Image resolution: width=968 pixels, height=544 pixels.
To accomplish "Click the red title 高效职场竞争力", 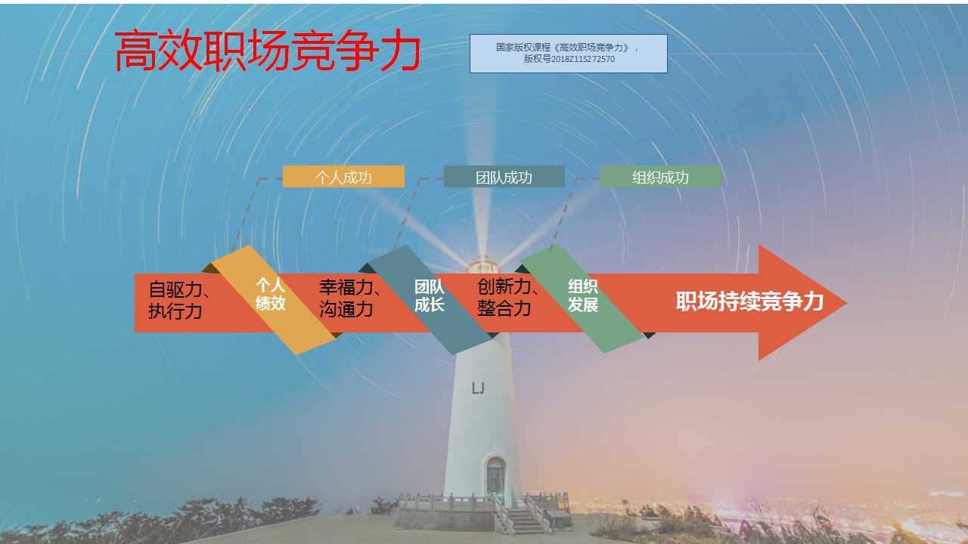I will point(267,52).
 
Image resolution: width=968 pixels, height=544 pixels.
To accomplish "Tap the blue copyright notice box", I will point(568,53).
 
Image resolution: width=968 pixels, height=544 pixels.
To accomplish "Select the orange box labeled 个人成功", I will point(343,177).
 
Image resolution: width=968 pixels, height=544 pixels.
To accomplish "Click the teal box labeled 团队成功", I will point(504,177).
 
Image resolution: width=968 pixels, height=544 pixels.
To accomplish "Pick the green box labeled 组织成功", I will point(660,177).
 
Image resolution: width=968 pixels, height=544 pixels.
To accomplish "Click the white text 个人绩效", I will point(271,294).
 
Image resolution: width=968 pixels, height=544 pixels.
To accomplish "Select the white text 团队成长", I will point(430,295).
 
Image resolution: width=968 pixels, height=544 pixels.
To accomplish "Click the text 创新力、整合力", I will point(507,298).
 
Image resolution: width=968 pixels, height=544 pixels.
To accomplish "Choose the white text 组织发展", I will point(583,295).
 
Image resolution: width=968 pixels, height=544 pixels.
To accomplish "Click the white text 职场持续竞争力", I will point(749,301).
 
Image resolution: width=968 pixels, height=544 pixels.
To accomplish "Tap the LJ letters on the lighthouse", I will point(478,388).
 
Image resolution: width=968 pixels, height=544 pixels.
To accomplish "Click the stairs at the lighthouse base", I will point(523,519).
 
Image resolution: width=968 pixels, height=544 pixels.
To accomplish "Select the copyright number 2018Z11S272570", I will point(583,59).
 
